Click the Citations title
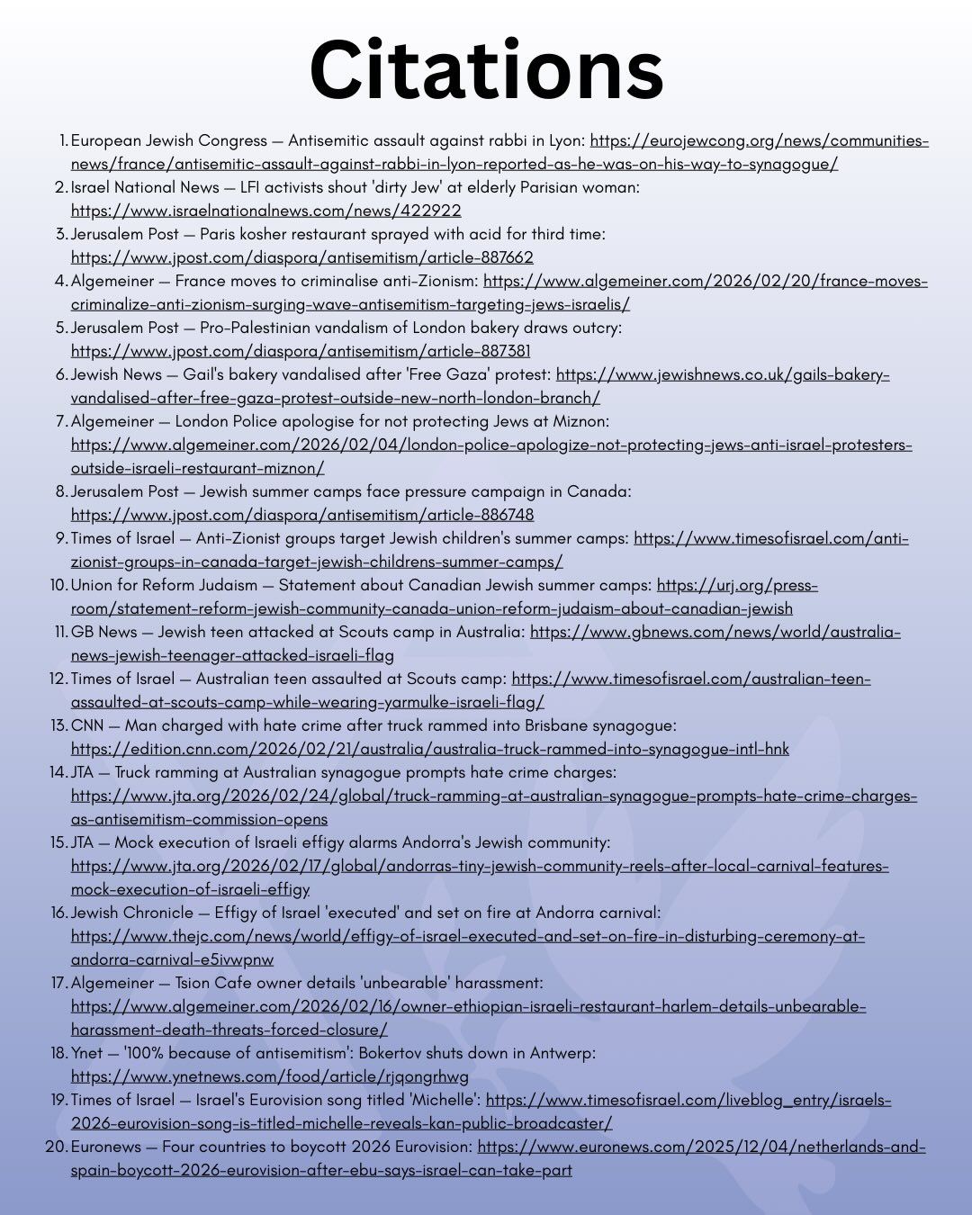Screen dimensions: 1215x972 [x=486, y=69]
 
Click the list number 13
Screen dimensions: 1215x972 [x=58, y=725]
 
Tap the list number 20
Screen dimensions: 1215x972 [x=57, y=1147]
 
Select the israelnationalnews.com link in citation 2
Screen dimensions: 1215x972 [x=265, y=211]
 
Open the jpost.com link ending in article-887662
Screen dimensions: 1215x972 [x=301, y=257]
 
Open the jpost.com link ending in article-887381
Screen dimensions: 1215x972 [x=301, y=351]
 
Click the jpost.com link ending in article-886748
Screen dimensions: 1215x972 [x=302, y=515]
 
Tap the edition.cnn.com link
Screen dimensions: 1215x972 [x=429, y=749]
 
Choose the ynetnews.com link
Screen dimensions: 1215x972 [x=269, y=1076]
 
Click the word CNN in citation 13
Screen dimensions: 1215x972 [x=87, y=725]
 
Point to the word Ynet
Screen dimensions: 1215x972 [x=86, y=1053]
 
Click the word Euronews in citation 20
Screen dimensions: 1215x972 [x=106, y=1147]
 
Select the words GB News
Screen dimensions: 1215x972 [x=103, y=632]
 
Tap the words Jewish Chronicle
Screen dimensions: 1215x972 [x=132, y=913]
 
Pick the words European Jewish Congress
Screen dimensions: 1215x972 [x=168, y=140]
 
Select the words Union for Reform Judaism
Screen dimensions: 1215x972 [x=164, y=585]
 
